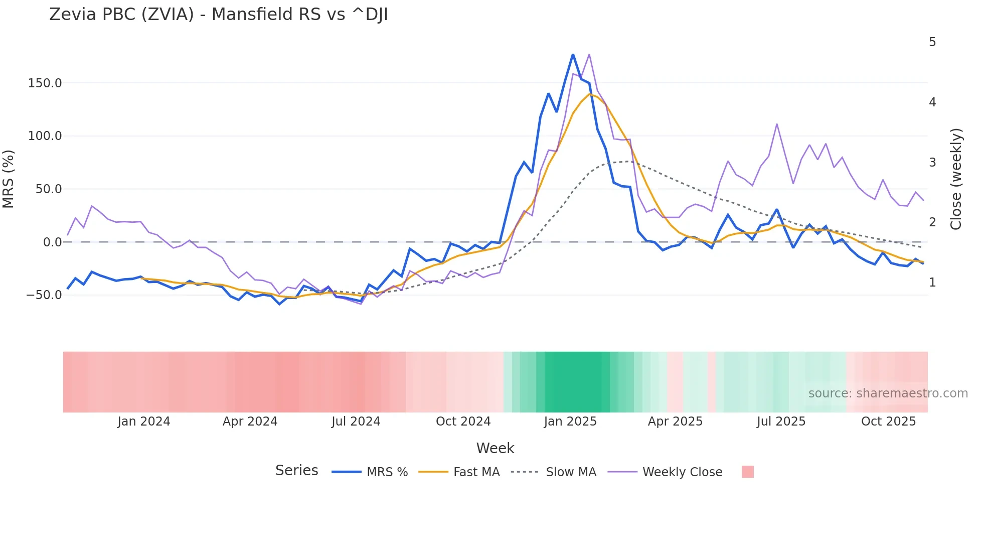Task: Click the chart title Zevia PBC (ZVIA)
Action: tap(218, 15)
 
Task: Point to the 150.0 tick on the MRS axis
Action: tap(45, 83)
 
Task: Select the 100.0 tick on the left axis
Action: tap(45, 136)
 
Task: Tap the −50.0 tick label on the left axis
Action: tap(44, 295)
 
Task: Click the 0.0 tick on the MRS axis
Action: tap(52, 242)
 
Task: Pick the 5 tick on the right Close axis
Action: tap(932, 42)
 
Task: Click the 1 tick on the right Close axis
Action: tap(932, 283)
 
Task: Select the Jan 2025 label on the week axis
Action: tap(570, 422)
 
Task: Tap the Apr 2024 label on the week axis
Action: tap(250, 422)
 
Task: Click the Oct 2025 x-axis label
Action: tap(888, 422)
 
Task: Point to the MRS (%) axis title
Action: tap(9, 179)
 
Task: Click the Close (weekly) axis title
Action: tap(956, 179)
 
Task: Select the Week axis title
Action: tap(495, 448)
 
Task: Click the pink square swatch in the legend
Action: tap(747, 472)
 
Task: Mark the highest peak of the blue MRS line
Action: tap(573, 54)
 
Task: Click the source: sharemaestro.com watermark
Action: tap(888, 393)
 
